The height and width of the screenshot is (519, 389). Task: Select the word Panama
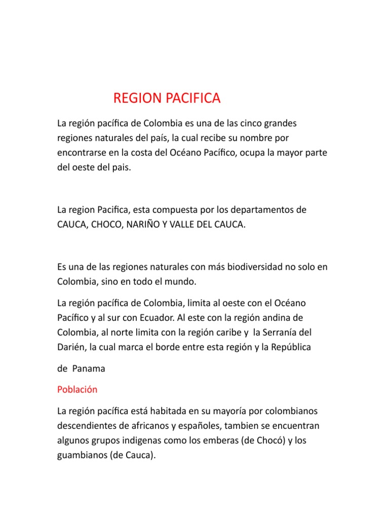89,369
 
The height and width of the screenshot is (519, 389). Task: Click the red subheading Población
77,390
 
